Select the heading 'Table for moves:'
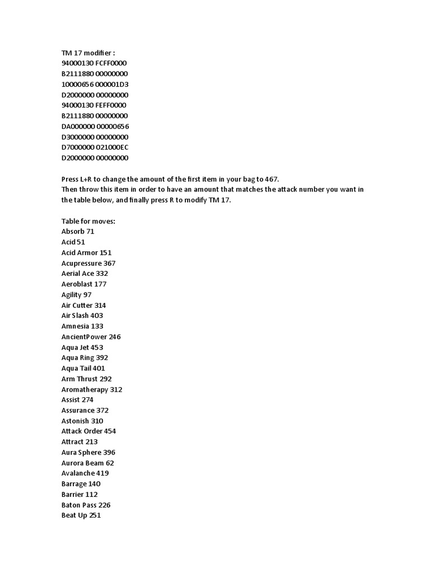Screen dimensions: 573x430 click(x=88, y=221)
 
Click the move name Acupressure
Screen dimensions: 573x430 click(x=81, y=263)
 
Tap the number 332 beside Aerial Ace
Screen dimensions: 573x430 click(x=102, y=274)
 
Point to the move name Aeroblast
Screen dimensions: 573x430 click(x=76, y=284)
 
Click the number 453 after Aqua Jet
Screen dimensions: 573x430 click(x=97, y=347)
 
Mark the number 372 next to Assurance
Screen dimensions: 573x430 click(x=102, y=410)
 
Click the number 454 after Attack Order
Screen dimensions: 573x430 click(x=110, y=431)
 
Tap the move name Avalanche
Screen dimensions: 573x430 click(x=78, y=473)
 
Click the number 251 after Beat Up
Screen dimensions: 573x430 click(x=95, y=515)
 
